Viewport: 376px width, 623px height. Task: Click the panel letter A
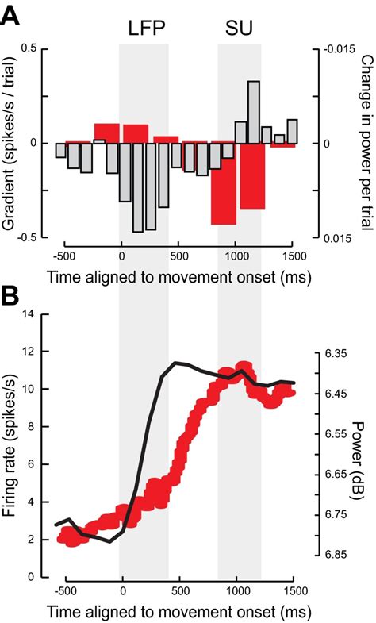pyautogui.click(x=11, y=16)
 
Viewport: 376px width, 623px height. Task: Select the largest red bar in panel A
pyautogui.click(x=223, y=183)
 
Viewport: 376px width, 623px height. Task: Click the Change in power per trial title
pyautogui.click(x=366, y=143)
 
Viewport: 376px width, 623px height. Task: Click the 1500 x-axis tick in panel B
pyautogui.click(x=294, y=590)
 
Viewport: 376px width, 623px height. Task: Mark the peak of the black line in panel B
pyautogui.click(x=176, y=363)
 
